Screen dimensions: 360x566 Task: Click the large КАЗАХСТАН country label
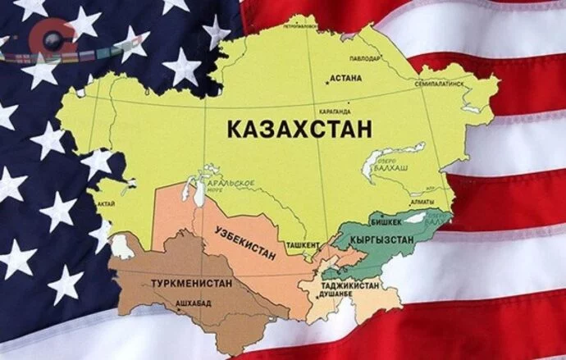coord(296,129)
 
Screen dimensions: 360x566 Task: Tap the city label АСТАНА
coord(345,81)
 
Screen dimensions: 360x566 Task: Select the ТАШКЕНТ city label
coord(303,245)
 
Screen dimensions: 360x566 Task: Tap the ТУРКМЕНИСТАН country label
coord(191,283)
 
